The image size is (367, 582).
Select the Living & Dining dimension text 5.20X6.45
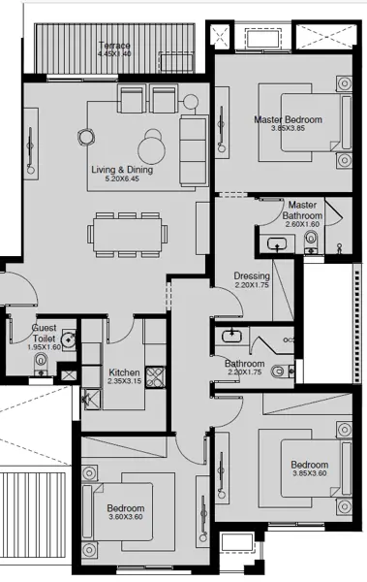pos(122,178)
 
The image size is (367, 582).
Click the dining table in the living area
pos(127,234)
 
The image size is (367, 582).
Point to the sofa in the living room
pos(193,150)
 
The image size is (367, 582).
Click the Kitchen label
pos(124,372)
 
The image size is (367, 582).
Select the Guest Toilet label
pos(45,333)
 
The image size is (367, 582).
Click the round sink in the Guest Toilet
pos(69,339)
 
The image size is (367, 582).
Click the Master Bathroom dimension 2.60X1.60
pos(302,224)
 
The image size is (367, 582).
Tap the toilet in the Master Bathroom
pos(311,241)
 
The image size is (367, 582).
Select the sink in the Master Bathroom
pos(277,243)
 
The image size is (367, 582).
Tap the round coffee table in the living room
pos(152,148)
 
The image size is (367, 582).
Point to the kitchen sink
pos(92,400)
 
